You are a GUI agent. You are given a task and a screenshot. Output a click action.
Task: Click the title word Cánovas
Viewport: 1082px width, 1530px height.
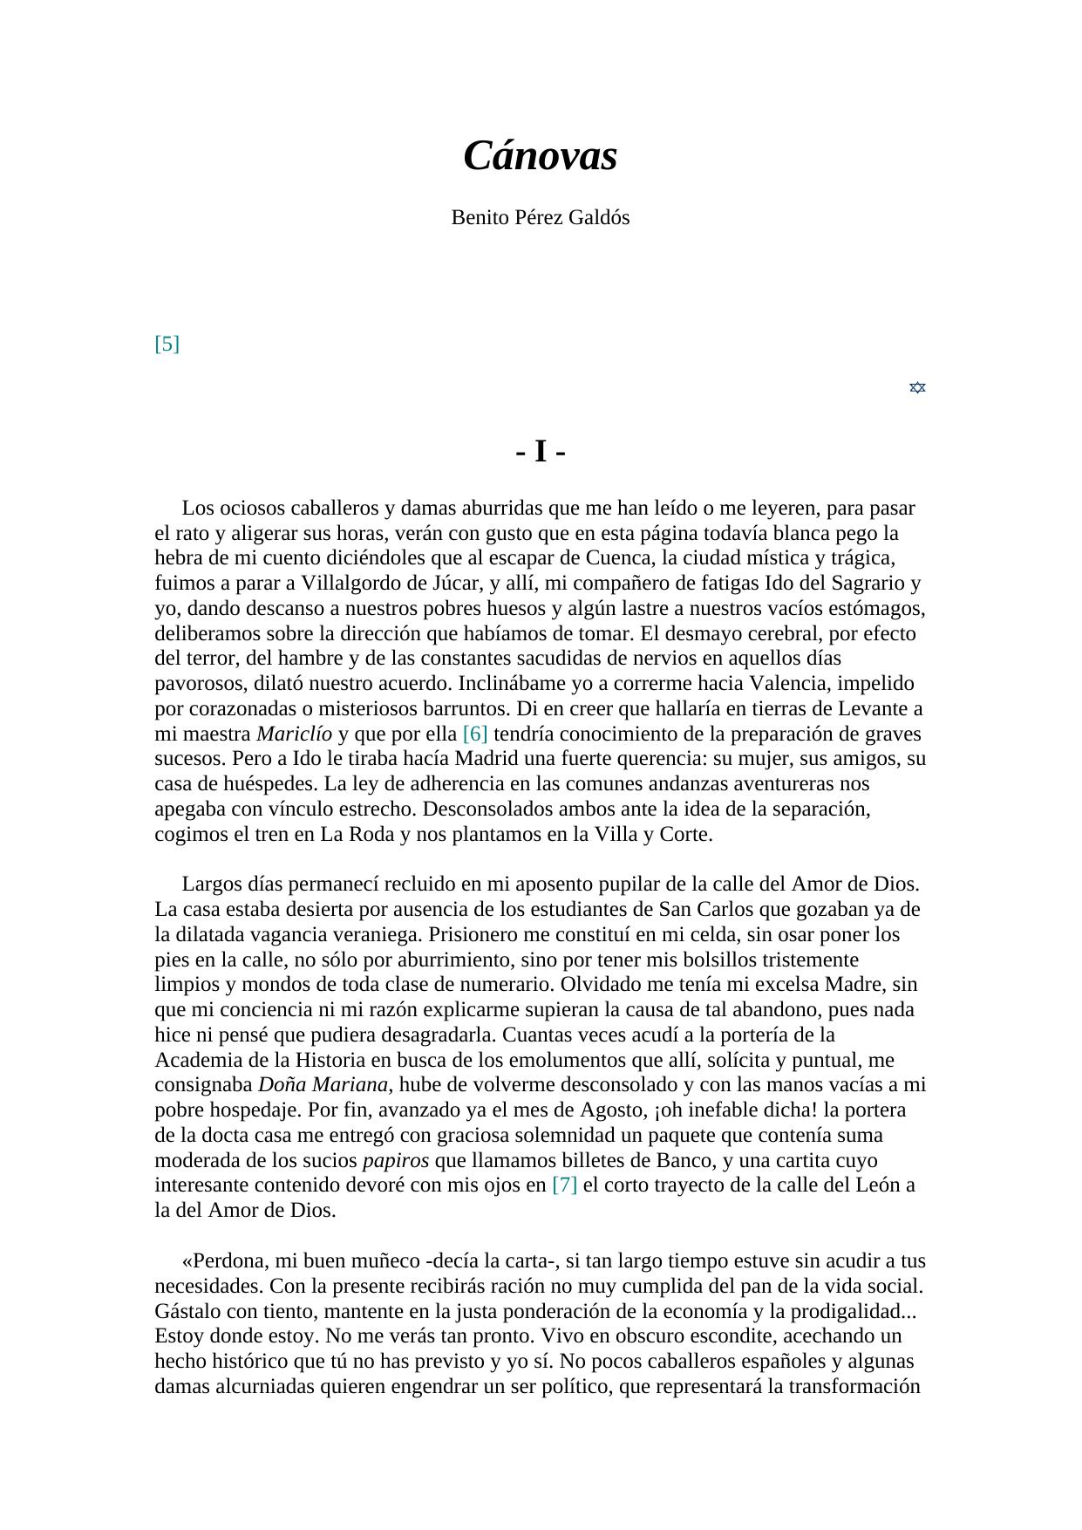pyautogui.click(x=540, y=157)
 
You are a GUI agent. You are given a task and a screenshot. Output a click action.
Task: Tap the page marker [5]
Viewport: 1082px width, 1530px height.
pyautogui.click(x=167, y=344)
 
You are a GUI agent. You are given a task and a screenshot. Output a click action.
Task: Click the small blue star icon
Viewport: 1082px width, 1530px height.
pyautogui.click(x=917, y=387)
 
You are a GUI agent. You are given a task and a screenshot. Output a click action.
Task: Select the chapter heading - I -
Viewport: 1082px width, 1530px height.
pyautogui.click(x=541, y=453)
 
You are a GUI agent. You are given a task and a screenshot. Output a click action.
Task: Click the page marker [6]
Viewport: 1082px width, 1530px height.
pyautogui.click(x=475, y=734)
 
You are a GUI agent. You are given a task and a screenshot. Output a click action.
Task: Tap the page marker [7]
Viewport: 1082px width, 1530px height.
pyautogui.click(x=565, y=1185)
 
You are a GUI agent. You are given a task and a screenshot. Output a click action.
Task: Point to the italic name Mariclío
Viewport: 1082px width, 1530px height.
pyautogui.click(x=294, y=734)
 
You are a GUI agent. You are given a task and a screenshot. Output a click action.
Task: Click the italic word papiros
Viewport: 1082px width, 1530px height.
pyautogui.click(x=396, y=1161)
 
